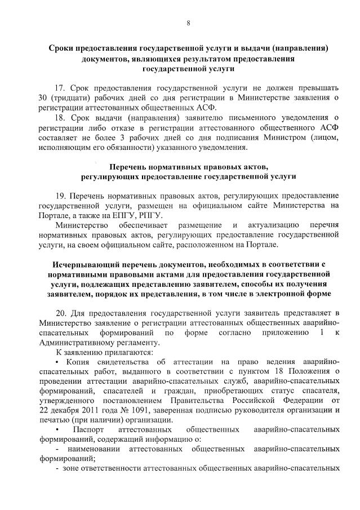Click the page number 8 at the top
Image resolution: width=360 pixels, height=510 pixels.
click(189, 23)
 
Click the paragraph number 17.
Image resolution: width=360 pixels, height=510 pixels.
click(61, 88)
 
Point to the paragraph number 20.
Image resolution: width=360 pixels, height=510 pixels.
click(61, 313)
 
